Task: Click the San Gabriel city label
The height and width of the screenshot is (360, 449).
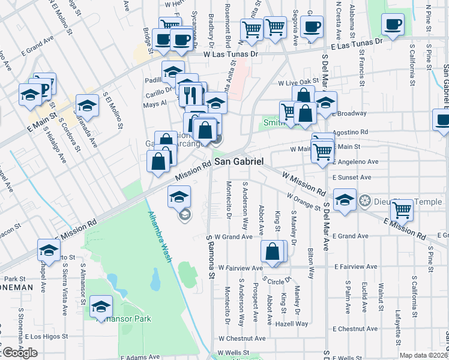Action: coord(239,162)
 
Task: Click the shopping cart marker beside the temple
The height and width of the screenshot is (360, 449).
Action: coord(402,211)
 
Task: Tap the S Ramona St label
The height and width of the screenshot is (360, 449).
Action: coord(211,257)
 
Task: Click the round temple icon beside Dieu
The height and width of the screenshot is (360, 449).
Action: coord(363,200)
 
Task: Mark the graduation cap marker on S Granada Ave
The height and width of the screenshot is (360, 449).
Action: coord(87,107)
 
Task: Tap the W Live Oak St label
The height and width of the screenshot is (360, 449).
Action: coord(297,82)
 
